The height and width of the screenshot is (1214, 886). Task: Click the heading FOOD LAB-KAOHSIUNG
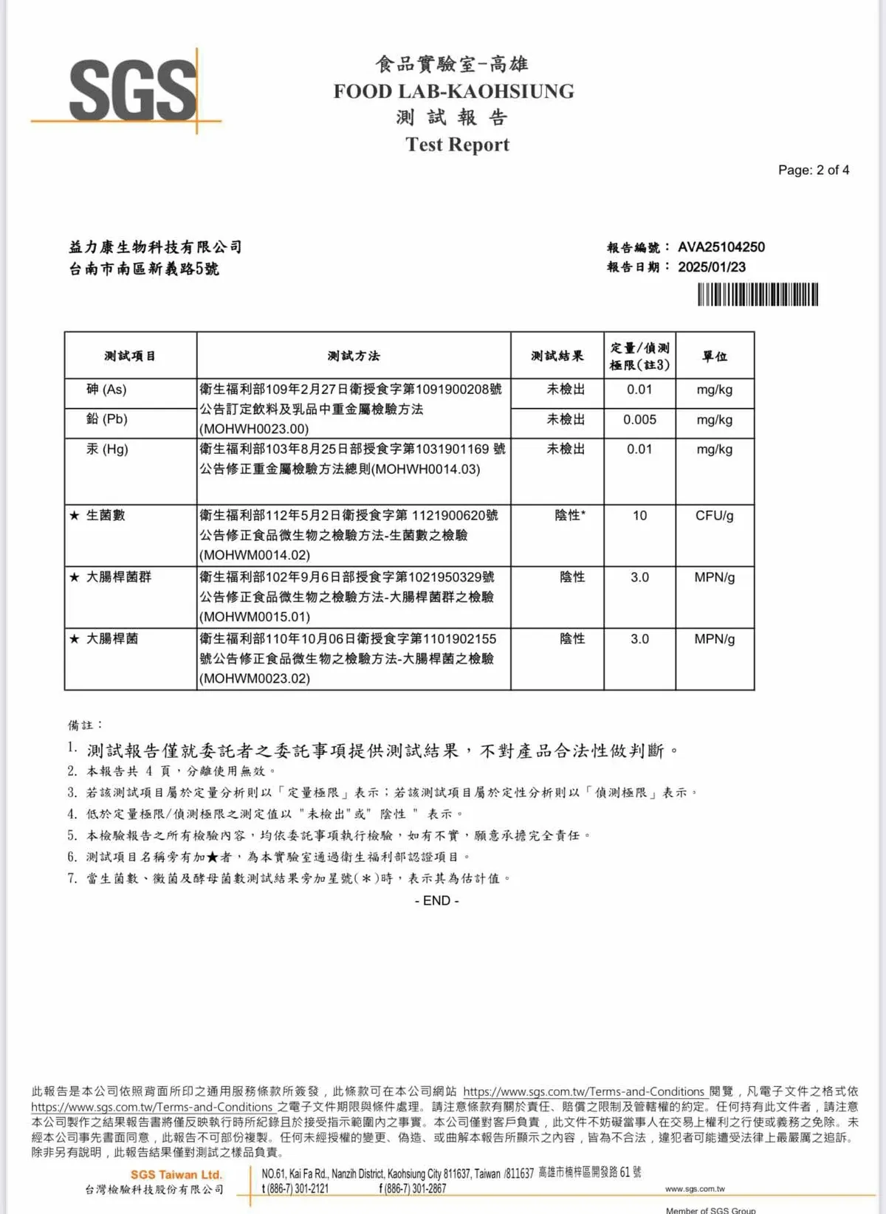click(453, 92)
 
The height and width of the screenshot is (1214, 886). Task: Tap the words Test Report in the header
click(457, 144)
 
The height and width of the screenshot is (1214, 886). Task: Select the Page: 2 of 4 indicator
click(813, 170)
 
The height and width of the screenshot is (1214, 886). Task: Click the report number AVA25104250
click(721, 247)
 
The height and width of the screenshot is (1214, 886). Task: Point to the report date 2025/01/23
click(711, 267)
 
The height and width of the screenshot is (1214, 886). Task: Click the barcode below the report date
click(758, 295)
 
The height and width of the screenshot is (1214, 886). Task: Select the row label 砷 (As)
click(106, 390)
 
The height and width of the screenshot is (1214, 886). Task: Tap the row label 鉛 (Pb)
click(107, 419)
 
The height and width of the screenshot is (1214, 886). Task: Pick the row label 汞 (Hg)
click(107, 449)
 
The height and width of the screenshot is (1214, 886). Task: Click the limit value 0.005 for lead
click(639, 419)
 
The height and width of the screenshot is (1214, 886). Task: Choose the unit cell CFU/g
click(714, 515)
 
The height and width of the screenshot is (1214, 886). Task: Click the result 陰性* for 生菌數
click(570, 515)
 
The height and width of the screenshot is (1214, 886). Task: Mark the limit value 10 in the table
click(639, 515)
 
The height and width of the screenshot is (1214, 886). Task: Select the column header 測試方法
click(354, 356)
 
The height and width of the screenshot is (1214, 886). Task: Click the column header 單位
click(714, 356)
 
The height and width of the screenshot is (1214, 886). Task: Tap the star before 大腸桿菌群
click(74, 577)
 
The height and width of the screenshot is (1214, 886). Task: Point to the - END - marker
click(437, 900)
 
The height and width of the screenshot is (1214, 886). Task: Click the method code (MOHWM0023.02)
click(255, 678)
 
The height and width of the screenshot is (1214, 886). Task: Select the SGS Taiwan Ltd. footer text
click(176, 1174)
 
